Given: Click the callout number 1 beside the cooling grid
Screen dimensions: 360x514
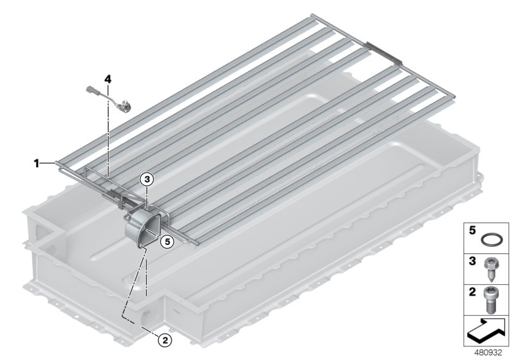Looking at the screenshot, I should pos(37,164).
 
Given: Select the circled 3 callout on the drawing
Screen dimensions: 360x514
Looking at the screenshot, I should pos(147,181).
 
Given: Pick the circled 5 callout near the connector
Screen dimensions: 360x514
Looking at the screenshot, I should pos(166,242).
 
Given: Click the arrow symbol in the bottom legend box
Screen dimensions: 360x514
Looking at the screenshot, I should pos(486,331).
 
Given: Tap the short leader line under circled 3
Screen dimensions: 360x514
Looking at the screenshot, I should pos(147,195).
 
